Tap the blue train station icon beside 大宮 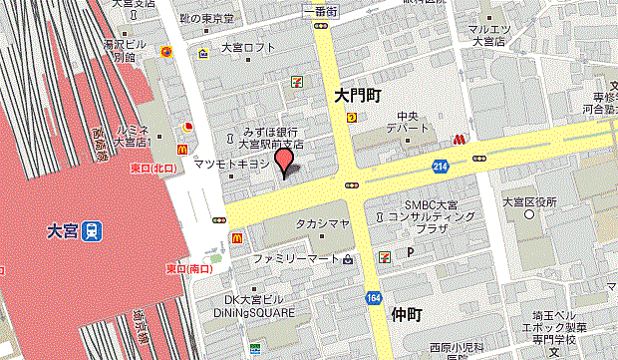[x=92, y=230]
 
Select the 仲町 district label [x=400, y=315]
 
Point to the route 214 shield [x=441, y=165]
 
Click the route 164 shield [x=373, y=297]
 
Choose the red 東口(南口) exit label [x=189, y=269]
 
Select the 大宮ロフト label [x=248, y=47]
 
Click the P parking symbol [x=410, y=254]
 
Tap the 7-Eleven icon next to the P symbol [x=385, y=255]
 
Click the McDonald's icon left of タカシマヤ [x=238, y=237]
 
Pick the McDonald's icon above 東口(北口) [x=182, y=148]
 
